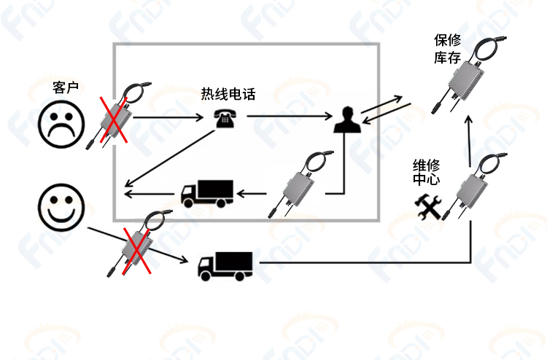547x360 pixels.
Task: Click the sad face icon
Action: (61, 125)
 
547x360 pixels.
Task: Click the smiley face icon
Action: (61, 208)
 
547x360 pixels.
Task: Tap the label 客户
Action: (66, 87)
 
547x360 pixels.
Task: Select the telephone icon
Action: (225, 118)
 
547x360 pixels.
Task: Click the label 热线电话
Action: (228, 94)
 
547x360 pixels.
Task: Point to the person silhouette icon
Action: (347, 120)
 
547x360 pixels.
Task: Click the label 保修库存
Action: (448, 49)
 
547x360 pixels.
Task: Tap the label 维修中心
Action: (427, 172)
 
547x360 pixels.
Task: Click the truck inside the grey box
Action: (207, 194)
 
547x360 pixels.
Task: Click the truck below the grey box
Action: (225, 266)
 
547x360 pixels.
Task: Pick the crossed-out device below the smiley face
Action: (138, 244)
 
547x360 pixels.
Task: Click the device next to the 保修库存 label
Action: (469, 75)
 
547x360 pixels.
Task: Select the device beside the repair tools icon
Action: (475, 187)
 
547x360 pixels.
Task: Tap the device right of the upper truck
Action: (300, 184)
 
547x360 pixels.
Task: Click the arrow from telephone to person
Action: (290, 116)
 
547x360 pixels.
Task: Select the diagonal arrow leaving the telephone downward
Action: (170, 158)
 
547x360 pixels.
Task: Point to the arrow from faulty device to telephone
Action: (168, 117)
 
